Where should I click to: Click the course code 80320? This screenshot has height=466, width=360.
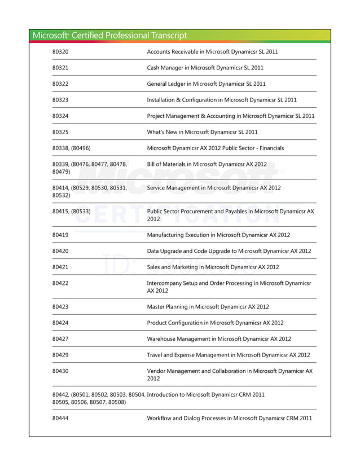60,52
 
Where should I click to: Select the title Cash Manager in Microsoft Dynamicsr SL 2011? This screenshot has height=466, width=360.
205,68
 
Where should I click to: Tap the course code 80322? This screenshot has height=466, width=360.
60,83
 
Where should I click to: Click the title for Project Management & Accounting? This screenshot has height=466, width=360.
230,116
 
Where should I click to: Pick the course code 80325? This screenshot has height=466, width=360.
60,132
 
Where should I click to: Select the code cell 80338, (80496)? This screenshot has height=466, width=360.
71,148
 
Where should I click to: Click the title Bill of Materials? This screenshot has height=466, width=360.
207,164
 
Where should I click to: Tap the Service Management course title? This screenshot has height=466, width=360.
213,187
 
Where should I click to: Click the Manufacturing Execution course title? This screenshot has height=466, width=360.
218,235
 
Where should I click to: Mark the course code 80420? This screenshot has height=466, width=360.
60,250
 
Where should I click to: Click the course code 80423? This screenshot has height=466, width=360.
60,306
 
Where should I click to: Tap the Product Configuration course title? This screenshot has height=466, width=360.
215,323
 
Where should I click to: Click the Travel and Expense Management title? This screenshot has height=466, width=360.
228,355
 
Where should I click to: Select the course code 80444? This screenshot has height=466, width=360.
60,418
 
